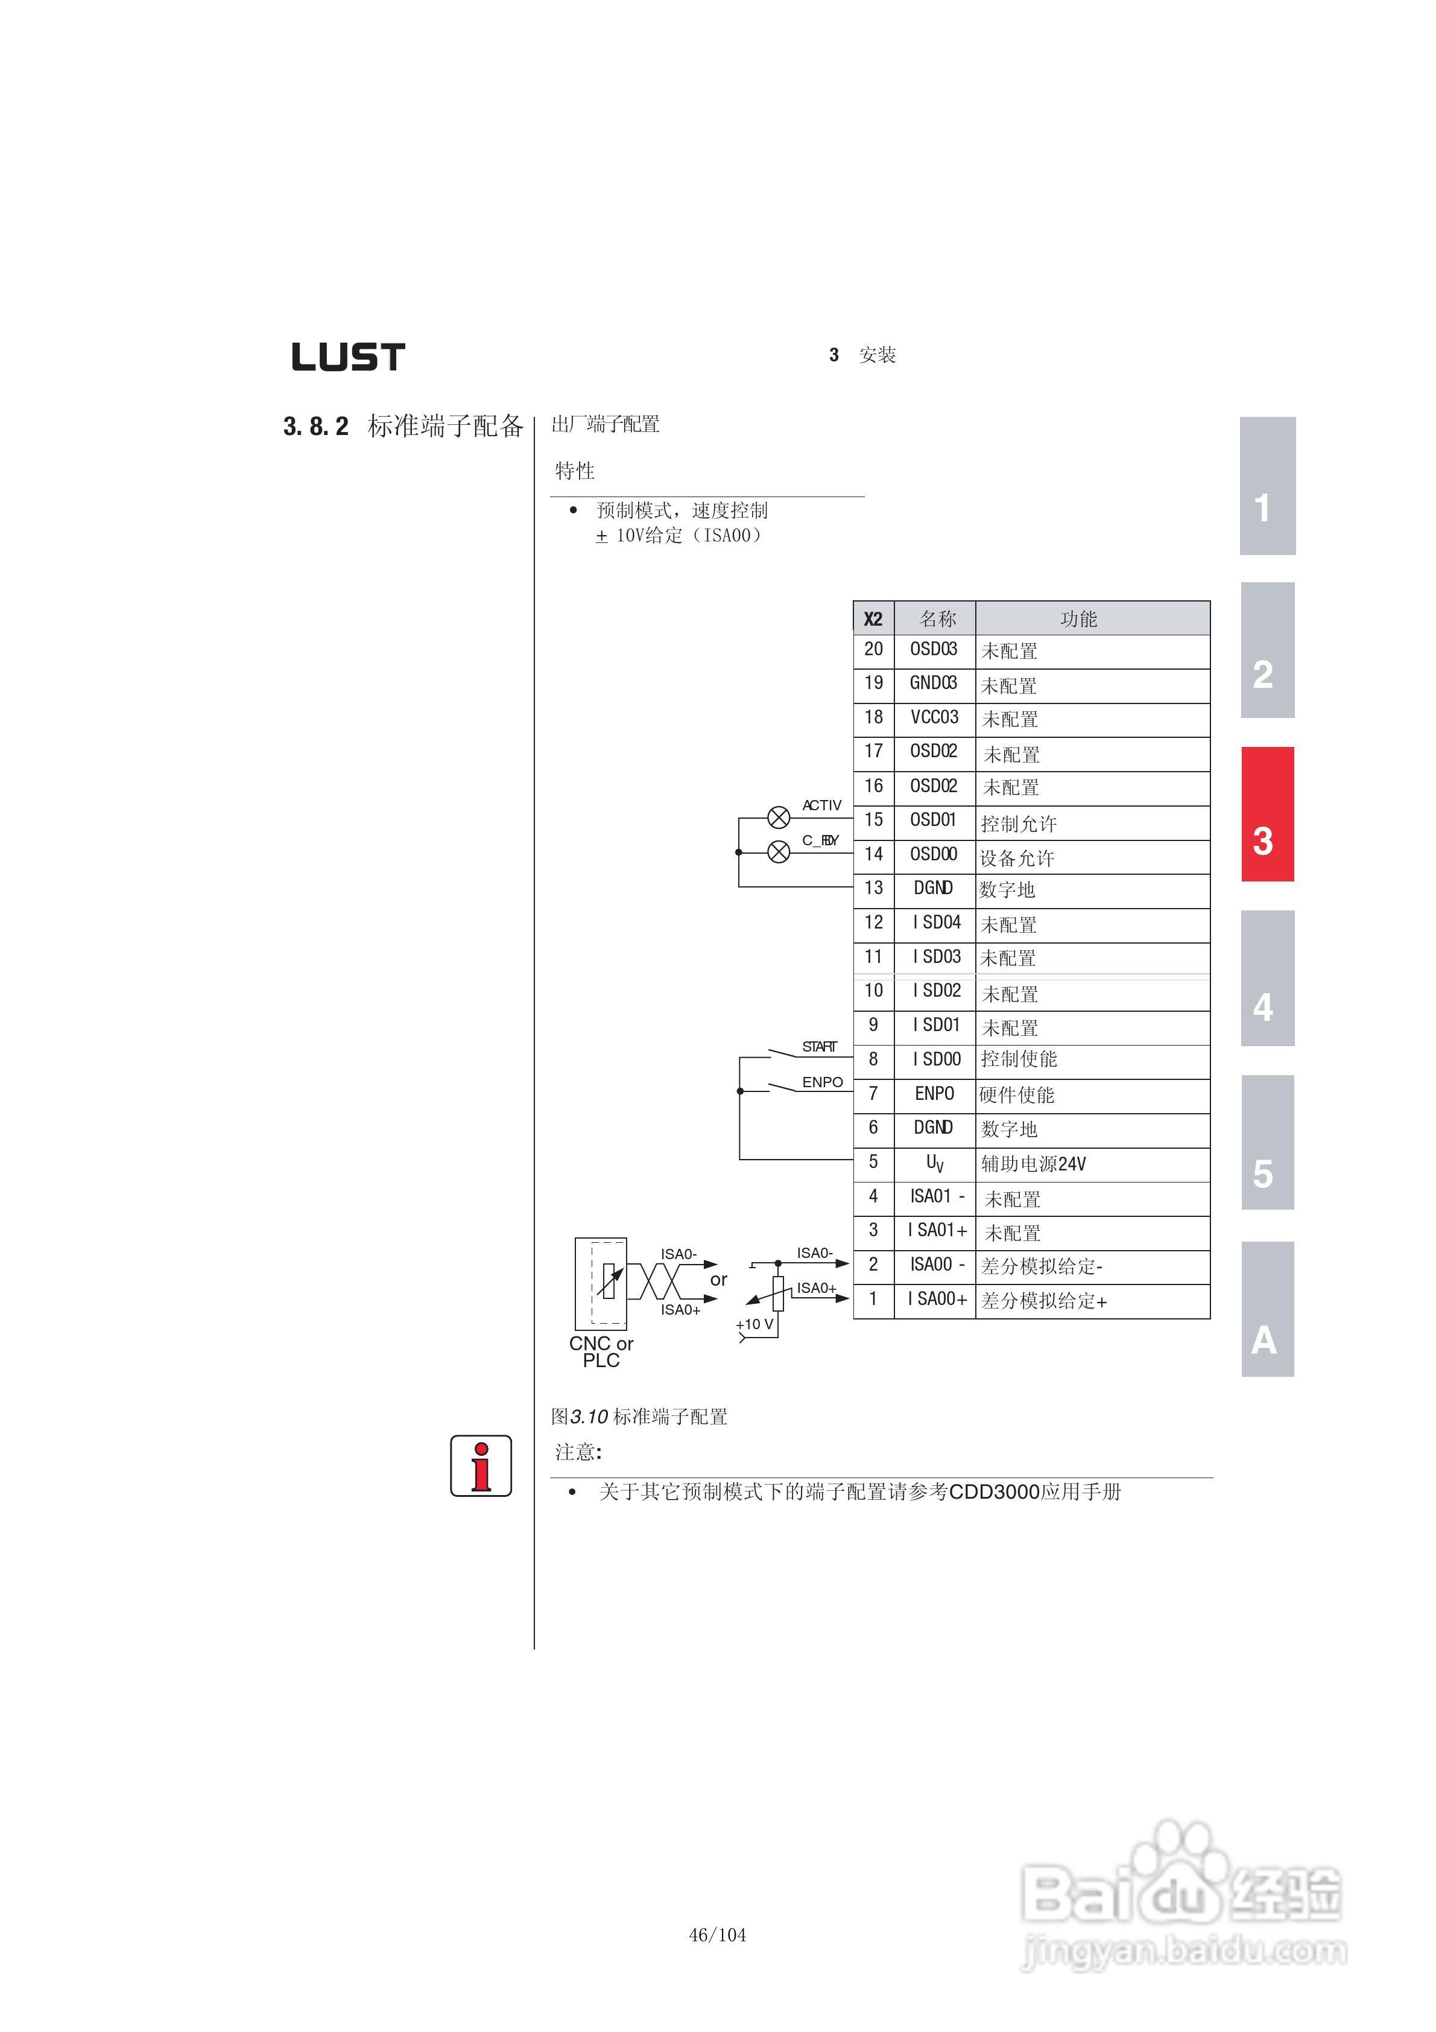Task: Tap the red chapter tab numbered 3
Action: click(x=1267, y=814)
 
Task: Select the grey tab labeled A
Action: click(x=1267, y=1309)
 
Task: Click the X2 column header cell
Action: click(x=873, y=618)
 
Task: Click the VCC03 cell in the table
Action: click(x=934, y=718)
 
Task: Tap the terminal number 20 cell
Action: click(x=873, y=650)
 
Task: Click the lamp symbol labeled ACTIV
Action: click(x=779, y=818)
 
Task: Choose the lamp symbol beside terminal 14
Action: click(x=779, y=852)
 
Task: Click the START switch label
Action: click(x=819, y=1047)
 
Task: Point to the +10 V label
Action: click(x=754, y=1324)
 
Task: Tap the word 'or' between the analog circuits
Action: click(x=718, y=1280)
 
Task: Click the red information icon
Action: click(x=481, y=1465)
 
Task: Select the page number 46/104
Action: click(x=718, y=1935)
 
